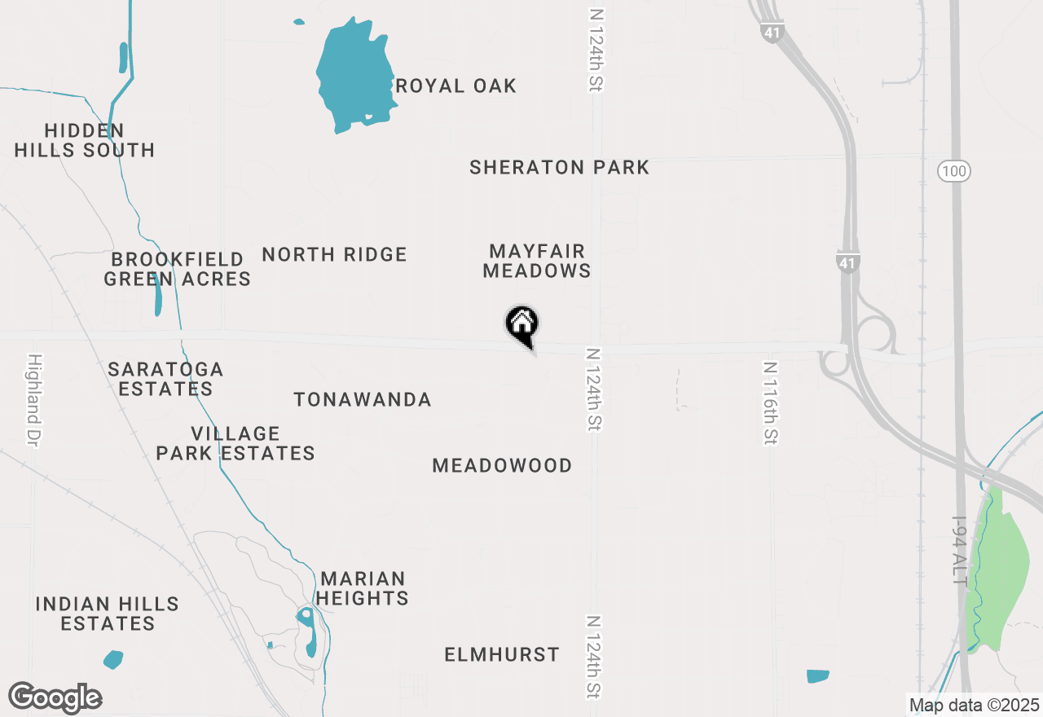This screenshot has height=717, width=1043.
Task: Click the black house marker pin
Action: coord(522,324)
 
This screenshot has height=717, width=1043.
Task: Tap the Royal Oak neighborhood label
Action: coord(455,86)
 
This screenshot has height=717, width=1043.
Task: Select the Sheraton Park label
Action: coord(559,168)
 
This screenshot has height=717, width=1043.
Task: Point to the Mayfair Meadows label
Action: coord(536,261)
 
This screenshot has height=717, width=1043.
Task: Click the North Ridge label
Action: coord(334,254)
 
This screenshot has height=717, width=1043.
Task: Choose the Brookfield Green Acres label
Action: coord(177,269)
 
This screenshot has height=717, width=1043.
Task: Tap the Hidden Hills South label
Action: coord(85,140)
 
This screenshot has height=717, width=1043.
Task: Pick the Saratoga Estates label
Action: coord(165,379)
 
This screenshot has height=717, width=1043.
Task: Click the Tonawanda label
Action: coord(363,399)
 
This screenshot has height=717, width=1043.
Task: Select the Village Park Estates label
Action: coord(235,443)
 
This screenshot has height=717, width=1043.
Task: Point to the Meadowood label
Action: coord(502,465)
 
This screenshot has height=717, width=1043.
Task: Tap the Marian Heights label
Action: coord(363,588)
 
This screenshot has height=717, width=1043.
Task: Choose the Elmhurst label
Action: coord(502,654)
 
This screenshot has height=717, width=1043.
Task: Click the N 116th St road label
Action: coord(770,402)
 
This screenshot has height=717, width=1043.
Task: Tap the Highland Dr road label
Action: coord(34,400)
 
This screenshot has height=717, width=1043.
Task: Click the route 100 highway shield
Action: coord(953,171)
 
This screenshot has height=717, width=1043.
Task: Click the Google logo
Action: coord(55,697)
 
